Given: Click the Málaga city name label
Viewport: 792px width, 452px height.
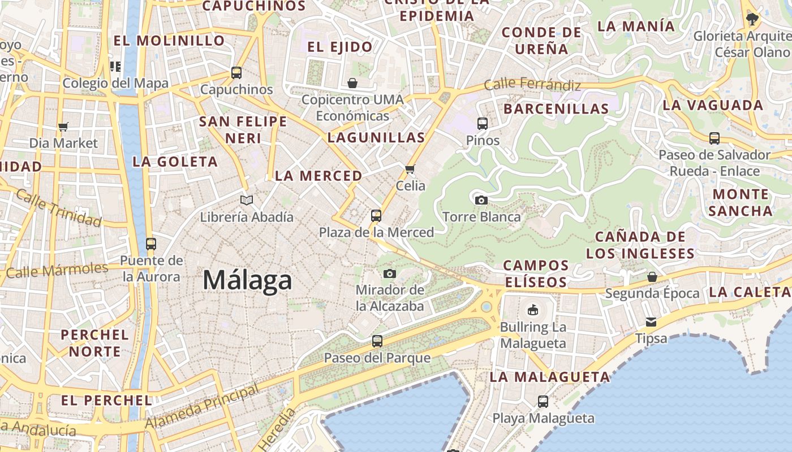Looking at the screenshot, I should pos(247,280).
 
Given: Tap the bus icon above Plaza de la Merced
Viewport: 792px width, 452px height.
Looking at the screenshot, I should pos(376,215).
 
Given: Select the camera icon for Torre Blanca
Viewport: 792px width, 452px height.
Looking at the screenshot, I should pos(481,200).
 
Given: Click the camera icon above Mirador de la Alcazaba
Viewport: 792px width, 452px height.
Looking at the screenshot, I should pos(389,274).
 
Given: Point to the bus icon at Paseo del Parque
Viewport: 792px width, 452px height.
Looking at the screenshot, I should pos(377,341).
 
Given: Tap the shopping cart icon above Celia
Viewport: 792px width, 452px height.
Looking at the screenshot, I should pos(410,169).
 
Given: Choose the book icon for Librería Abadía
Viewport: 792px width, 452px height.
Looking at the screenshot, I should pos(247,200).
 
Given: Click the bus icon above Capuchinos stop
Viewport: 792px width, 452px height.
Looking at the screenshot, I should pos(236,72).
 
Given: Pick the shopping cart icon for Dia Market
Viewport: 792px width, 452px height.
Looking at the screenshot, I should pos(63,127).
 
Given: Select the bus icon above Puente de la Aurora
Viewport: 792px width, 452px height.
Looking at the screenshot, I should pos(151,244).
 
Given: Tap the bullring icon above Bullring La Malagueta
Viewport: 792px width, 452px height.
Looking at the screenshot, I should pos(533,310).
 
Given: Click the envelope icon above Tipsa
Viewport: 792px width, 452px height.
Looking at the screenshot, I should pos(651,322).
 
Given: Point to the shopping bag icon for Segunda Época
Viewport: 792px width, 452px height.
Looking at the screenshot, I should pos(652,277).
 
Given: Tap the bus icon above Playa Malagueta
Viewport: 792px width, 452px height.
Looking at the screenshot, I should pos(543,402).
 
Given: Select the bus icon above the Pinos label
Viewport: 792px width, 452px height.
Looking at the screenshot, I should pos(483,123).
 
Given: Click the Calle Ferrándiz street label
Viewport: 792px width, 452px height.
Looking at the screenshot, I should pos(532,85).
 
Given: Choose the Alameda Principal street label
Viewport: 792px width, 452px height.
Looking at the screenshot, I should pos(202,406).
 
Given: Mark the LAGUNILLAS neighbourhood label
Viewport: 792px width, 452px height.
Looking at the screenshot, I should pos(376,137).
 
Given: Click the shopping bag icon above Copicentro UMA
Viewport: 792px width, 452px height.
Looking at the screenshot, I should pos(352,84).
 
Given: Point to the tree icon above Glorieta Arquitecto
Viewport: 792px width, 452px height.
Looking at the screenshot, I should pos(752,19).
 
